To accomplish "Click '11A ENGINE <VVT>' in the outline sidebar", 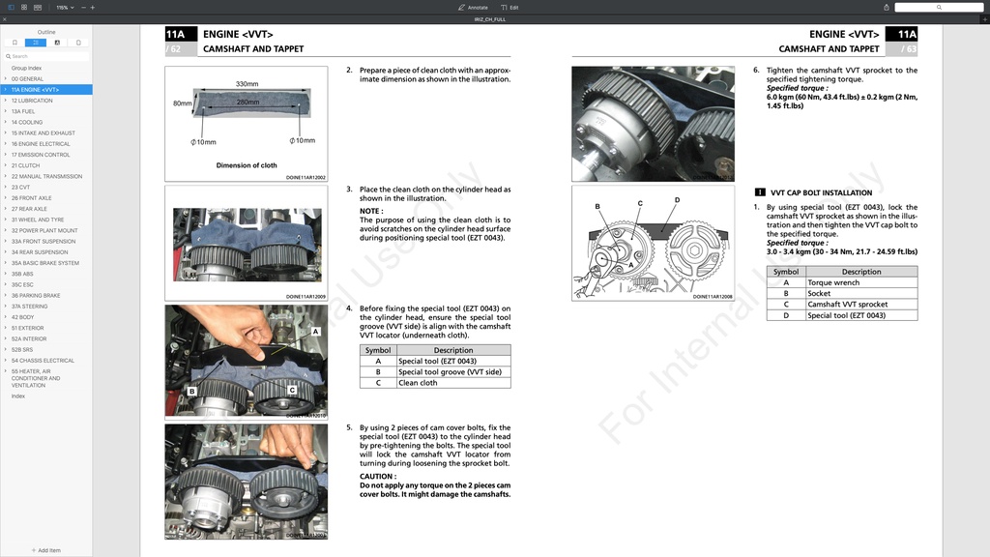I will pyautogui.click(x=35, y=90).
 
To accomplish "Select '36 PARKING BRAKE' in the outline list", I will pyautogui.click(x=36, y=295).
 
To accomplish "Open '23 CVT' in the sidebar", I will pyautogui.click(x=20, y=188).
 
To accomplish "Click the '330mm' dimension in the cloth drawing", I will pyautogui.click(x=247, y=84).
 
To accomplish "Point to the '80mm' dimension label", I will pyautogui.click(x=182, y=103).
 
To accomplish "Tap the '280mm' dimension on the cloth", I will pyautogui.click(x=247, y=102).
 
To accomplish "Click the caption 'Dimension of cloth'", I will pyautogui.click(x=246, y=165).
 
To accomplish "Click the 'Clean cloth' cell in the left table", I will pyautogui.click(x=418, y=383).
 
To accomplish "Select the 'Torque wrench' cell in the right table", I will pyautogui.click(x=832, y=282).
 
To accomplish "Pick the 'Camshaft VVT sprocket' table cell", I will pyautogui.click(x=847, y=305).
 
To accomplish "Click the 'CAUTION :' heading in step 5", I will pyautogui.click(x=377, y=476).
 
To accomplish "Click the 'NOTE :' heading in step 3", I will pyautogui.click(x=371, y=211).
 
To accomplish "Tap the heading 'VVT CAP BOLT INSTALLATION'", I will pyautogui.click(x=821, y=192).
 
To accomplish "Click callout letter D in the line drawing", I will pyautogui.click(x=677, y=200).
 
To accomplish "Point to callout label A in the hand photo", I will pyautogui.click(x=315, y=331).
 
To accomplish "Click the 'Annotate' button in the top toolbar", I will pyautogui.click(x=474, y=7).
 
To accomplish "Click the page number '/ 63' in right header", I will pyautogui.click(x=908, y=48).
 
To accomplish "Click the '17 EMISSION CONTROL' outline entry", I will pyautogui.click(x=41, y=155).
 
